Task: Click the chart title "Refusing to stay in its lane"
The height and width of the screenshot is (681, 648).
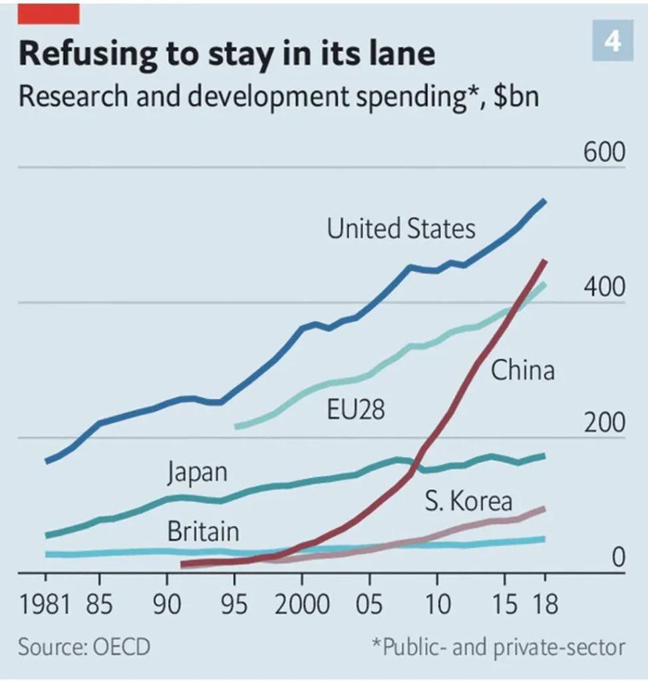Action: point(227,54)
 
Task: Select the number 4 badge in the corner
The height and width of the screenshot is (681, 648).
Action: point(612,42)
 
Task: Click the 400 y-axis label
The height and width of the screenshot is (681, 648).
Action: point(605,288)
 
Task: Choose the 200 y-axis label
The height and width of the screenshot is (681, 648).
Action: point(605,424)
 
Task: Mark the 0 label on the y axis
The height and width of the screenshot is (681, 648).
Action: point(619,559)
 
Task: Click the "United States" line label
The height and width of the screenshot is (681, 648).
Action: point(401,229)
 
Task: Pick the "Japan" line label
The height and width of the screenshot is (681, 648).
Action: point(197,472)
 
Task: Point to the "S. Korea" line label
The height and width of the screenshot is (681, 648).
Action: point(469,501)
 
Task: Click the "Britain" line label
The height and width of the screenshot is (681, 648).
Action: point(203,532)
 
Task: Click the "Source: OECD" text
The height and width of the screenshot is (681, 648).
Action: point(84,647)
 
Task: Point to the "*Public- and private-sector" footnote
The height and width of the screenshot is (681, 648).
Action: point(498,647)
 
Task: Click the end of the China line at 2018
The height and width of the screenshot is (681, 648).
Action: point(544,262)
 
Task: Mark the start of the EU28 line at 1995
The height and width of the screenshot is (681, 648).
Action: point(237,426)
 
